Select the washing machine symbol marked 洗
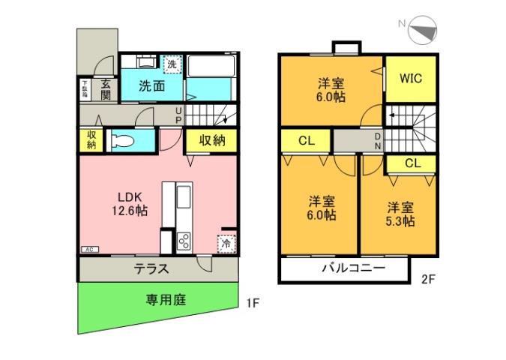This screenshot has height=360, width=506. click(x=172, y=64)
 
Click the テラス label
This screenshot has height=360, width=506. click(x=151, y=269)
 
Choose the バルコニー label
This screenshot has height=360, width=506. click(x=353, y=268)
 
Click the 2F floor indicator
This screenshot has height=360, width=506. click(x=428, y=280)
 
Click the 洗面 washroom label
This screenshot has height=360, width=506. click(x=152, y=85)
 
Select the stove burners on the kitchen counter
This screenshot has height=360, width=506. click(x=184, y=241)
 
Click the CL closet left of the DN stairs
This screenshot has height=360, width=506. click(x=306, y=140)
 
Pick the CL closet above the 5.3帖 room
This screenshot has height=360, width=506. click(x=412, y=163)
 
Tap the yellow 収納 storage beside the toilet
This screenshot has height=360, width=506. click(x=91, y=139)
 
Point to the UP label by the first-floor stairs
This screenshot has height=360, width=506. click(x=178, y=114)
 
